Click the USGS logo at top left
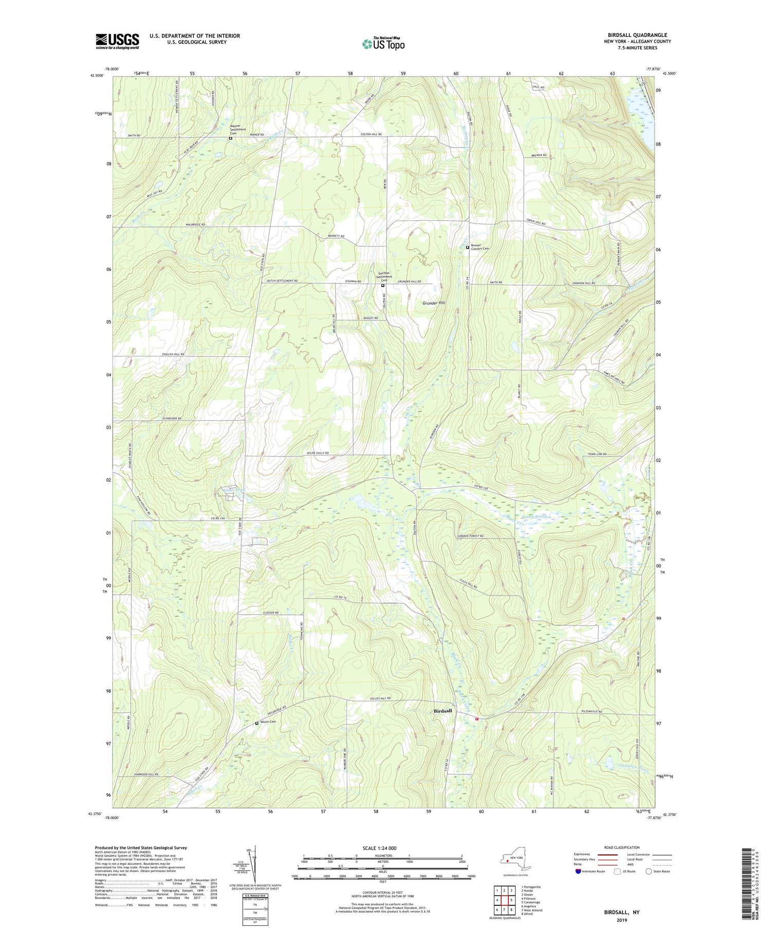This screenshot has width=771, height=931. pyautogui.click(x=117, y=41)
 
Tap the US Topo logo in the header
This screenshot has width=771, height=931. pyautogui.click(x=383, y=44)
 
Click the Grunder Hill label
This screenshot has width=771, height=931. pyautogui.click(x=434, y=303)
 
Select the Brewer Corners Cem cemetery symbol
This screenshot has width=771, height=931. pyautogui.click(x=467, y=248)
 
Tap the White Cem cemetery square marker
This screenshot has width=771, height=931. pyautogui.click(x=257, y=723)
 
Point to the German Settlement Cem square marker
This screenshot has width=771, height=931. pyautogui.click(x=383, y=286)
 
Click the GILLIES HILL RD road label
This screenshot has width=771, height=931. pyautogui.click(x=380, y=698)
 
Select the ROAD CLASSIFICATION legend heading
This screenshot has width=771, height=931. pyautogui.click(x=622, y=847)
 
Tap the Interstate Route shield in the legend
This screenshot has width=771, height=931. pyautogui.click(x=578, y=871)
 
